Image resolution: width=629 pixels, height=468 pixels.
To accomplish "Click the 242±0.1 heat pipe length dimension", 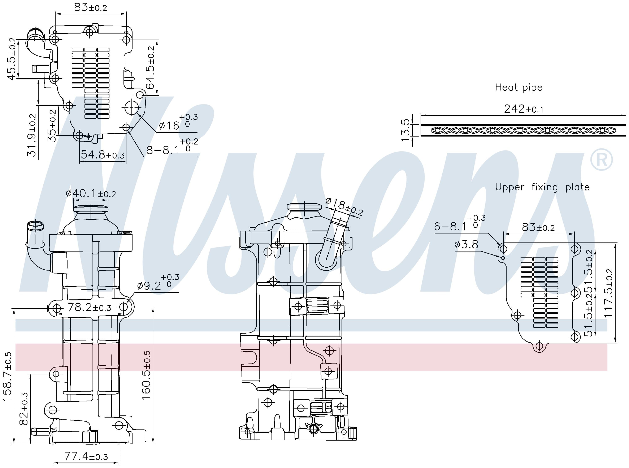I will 524,109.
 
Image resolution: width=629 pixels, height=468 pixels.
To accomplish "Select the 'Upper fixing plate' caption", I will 542,187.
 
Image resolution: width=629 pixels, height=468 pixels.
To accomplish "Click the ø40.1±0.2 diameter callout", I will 91,194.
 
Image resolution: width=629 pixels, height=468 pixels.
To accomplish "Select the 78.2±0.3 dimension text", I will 89,307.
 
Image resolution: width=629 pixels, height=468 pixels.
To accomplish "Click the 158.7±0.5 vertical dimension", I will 8,376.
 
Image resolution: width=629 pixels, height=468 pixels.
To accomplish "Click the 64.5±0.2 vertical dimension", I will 151,67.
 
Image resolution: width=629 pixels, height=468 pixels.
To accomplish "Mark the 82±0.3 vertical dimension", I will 24,409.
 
